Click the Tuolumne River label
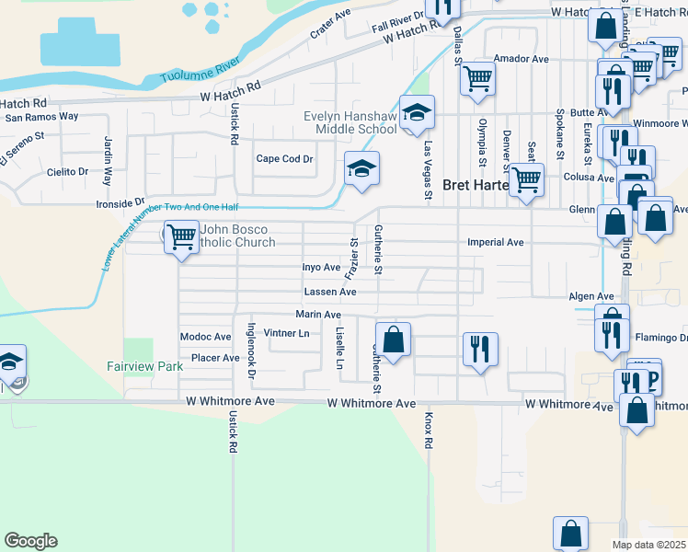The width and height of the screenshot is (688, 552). point(200,73)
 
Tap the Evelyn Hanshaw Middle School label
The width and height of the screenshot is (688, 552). point(350,122)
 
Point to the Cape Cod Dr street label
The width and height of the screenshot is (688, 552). point(284,158)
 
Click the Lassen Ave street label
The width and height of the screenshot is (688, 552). point(330,292)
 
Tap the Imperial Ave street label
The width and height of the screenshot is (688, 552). point(495,243)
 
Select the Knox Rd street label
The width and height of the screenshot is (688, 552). point(429,430)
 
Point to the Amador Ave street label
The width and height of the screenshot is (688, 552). point(521,59)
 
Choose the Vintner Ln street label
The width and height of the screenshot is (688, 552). point(286,333)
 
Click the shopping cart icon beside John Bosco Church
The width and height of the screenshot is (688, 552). point(181,236)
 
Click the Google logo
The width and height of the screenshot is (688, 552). point(30,541)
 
